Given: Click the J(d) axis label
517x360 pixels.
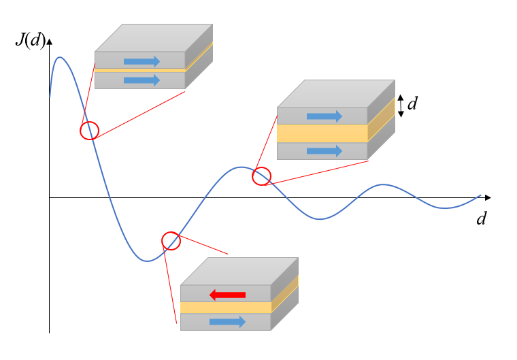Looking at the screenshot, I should pos(30,40).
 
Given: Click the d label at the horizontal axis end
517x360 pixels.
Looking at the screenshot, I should pos(482,218).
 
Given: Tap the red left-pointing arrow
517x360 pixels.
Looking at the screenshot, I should pos(227,294).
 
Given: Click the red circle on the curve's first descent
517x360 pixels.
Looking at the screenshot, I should pos(89,130).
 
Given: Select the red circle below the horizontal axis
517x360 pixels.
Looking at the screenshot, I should pos(171,240).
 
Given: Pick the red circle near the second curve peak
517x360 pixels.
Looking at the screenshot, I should pos(261,177).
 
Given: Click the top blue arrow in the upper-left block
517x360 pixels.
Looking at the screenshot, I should pos(141,61).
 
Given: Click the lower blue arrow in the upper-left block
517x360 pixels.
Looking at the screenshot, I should pos(141,80).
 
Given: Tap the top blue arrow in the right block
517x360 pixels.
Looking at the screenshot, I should pos(324,116).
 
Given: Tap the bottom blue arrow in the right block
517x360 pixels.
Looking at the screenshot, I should pos(324,151).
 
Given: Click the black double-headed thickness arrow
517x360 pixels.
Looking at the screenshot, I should pos(401,105).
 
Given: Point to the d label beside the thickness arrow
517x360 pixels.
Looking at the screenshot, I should pos(412,104).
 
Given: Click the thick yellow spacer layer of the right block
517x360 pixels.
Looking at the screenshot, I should pos(322,133).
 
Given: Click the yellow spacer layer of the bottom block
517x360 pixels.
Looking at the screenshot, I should pos(226,308).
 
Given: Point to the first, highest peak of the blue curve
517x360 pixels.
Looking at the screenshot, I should pos(60,57).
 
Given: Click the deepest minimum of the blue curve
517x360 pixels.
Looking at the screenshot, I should pos(146,261).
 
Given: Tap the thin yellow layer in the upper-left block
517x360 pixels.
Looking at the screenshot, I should pos(140,70).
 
